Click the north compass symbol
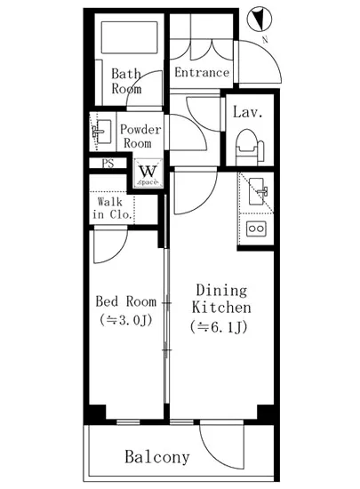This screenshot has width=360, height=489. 259,20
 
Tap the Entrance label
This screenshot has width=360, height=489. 202,72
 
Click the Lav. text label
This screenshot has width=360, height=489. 248,112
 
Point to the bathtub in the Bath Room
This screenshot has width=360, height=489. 129,37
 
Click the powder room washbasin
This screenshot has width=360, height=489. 102,132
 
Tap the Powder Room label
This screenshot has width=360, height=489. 140,136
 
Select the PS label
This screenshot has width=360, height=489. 108,163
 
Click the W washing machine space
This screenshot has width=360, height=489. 148,173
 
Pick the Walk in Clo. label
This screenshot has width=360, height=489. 112,208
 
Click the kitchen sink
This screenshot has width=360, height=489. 256,191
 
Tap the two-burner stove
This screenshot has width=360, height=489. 256,228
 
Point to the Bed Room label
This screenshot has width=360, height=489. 125,301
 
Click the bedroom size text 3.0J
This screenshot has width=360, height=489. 125,320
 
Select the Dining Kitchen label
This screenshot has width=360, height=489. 221,299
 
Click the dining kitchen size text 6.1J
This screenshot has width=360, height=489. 219,327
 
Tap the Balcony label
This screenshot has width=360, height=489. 157,457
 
